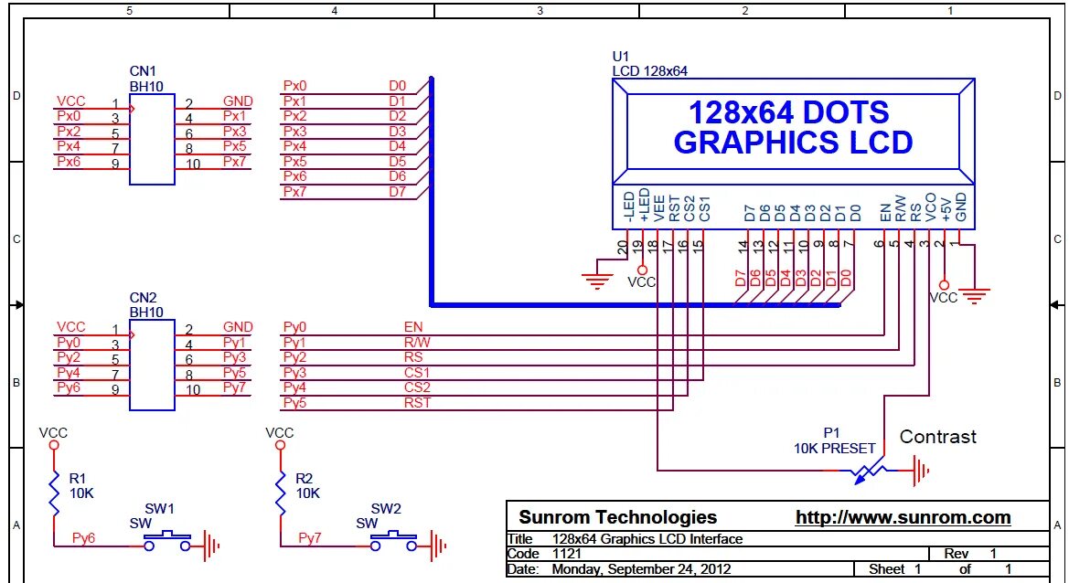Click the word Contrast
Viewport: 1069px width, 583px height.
pyautogui.click(x=937, y=437)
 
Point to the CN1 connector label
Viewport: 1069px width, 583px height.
pyautogui.click(x=143, y=71)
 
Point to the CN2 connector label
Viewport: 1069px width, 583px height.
pyautogui.click(x=143, y=298)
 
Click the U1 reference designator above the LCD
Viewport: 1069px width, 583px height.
pyautogui.click(x=621, y=57)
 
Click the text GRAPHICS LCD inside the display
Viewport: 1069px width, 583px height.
pyautogui.click(x=793, y=143)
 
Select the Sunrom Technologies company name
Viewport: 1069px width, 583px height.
pyautogui.click(x=617, y=517)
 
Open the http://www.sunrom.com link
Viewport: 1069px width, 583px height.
pyautogui.click(x=903, y=518)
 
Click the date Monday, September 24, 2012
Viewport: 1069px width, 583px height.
pyautogui.click(x=641, y=569)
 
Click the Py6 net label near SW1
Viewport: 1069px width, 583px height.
pyautogui.click(x=83, y=538)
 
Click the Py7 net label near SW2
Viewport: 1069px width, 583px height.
pyautogui.click(x=310, y=538)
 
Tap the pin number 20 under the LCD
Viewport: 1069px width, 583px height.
pyautogui.click(x=622, y=245)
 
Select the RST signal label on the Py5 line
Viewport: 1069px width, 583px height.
pyautogui.click(x=417, y=402)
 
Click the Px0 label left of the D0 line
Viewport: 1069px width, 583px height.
pyautogui.click(x=294, y=86)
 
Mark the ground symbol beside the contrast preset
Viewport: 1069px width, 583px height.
pyautogui.click(x=921, y=471)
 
